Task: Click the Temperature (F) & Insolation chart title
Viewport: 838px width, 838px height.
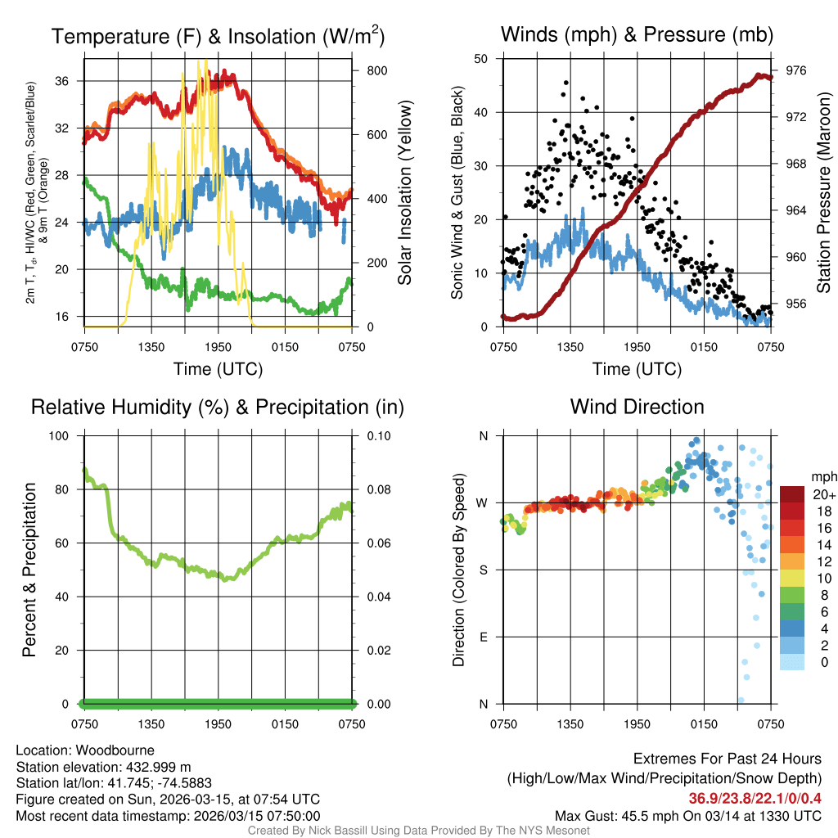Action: tap(218, 36)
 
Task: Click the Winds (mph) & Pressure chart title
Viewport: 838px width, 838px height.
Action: tap(637, 34)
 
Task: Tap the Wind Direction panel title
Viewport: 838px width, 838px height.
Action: tap(637, 407)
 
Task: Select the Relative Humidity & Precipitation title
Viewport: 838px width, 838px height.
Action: tap(218, 407)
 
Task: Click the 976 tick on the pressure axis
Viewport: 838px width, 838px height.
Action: tap(795, 70)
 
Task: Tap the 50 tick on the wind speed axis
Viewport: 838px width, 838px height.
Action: tap(481, 59)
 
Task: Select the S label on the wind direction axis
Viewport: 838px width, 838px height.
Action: tap(484, 570)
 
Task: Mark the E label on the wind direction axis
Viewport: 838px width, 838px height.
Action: tap(484, 637)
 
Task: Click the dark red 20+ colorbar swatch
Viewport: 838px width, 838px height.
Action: tap(793, 494)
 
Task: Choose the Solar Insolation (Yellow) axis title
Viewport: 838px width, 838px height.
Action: tap(404, 193)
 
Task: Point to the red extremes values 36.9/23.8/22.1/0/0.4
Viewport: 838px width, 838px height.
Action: tap(755, 799)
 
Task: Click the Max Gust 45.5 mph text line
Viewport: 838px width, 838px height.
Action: tap(687, 816)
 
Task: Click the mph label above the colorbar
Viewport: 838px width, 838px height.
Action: tap(821, 477)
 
